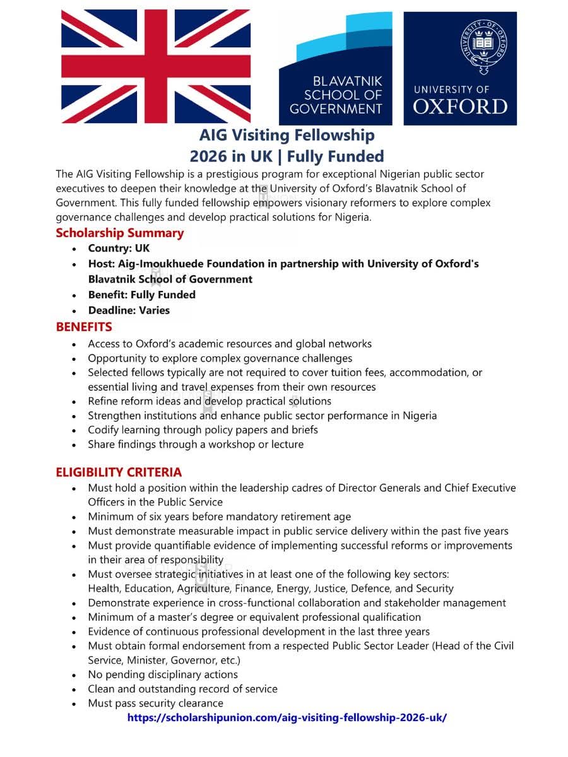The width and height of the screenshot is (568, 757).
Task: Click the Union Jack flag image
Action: tap(156, 66)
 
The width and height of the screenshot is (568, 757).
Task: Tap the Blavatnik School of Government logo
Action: tap(336, 68)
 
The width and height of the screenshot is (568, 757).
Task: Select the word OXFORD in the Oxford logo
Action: tap(460, 106)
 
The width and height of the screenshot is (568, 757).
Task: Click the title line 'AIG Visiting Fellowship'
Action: tap(287, 135)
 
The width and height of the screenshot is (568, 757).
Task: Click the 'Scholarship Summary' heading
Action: tap(119, 233)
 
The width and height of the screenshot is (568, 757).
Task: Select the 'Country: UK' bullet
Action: tap(119, 249)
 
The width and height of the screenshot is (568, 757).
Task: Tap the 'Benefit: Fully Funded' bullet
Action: tap(141, 295)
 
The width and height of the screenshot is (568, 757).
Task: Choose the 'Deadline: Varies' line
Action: tap(129, 310)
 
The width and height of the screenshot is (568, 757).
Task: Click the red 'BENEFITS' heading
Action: tap(84, 327)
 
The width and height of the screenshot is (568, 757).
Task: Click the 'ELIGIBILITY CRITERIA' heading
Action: tap(119, 472)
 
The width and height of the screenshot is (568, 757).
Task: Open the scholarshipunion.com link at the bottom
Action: tap(287, 718)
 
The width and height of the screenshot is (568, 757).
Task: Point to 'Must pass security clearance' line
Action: tap(155, 703)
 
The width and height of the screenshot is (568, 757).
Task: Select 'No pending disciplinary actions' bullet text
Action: tap(163, 674)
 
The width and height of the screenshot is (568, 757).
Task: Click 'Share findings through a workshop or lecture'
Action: tap(196, 444)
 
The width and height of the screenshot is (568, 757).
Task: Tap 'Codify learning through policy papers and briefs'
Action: tap(203, 430)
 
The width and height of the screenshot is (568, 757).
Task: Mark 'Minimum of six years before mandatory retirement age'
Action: tap(219, 517)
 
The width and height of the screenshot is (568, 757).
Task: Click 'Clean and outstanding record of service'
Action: tap(182, 689)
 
